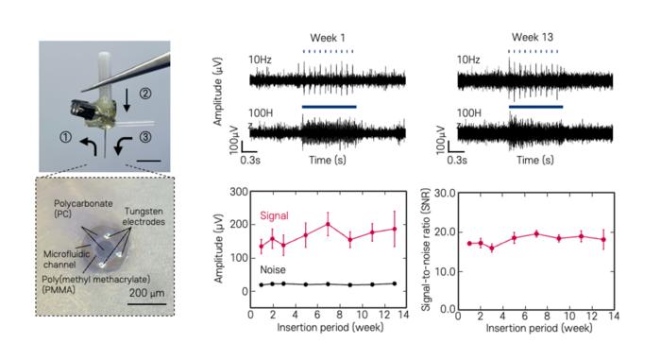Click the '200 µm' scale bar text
click(x=147, y=292)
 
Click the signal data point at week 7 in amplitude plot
click(x=328, y=224)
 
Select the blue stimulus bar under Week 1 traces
click(x=329, y=108)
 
